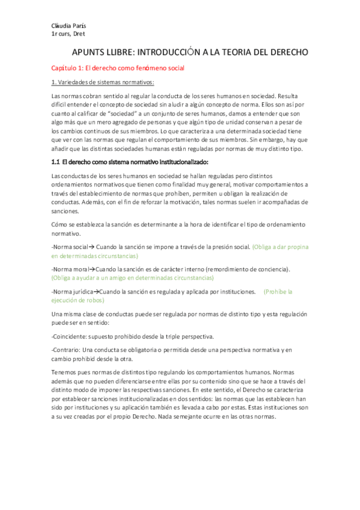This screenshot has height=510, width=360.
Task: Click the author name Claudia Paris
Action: point(67,26)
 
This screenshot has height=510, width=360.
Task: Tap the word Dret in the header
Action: point(78,34)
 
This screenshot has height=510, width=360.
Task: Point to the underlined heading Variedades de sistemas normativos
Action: point(106,82)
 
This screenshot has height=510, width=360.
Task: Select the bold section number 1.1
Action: point(56,163)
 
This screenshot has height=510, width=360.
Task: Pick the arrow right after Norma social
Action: point(92,247)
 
